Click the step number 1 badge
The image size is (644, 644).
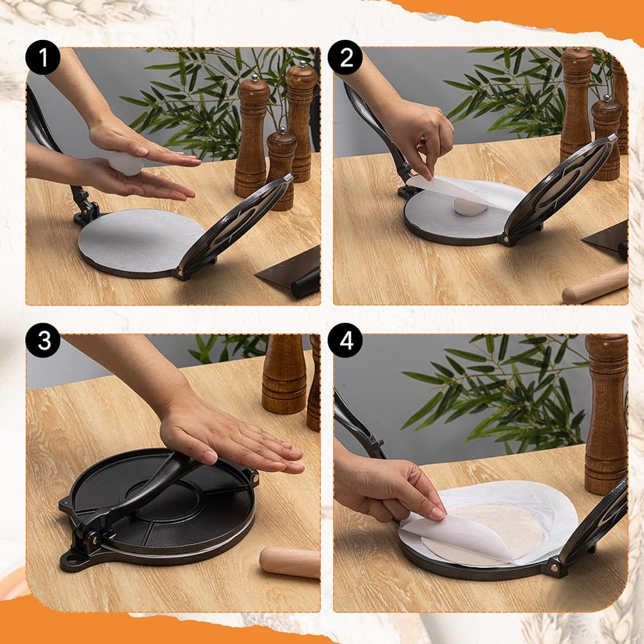pos(43,57)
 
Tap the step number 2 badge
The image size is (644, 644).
pos(345,57)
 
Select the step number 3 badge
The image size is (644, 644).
pos(43,341)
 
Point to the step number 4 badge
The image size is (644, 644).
pos(345,341)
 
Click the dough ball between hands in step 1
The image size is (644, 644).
pos(126,163)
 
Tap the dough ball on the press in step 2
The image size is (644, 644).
pos(470,207)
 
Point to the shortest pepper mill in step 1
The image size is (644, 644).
pos(281,168)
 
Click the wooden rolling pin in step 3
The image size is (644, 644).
pos(290,562)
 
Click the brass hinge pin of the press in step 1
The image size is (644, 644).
pos(180,272)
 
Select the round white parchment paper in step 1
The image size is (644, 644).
pos(141,240)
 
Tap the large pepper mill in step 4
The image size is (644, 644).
pos(606,414)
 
